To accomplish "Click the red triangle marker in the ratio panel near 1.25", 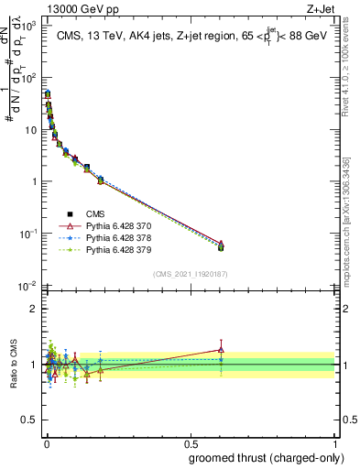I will tap(221, 349).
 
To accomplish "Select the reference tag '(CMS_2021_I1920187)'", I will tap(191, 274).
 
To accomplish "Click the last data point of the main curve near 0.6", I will tap(221, 245).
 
